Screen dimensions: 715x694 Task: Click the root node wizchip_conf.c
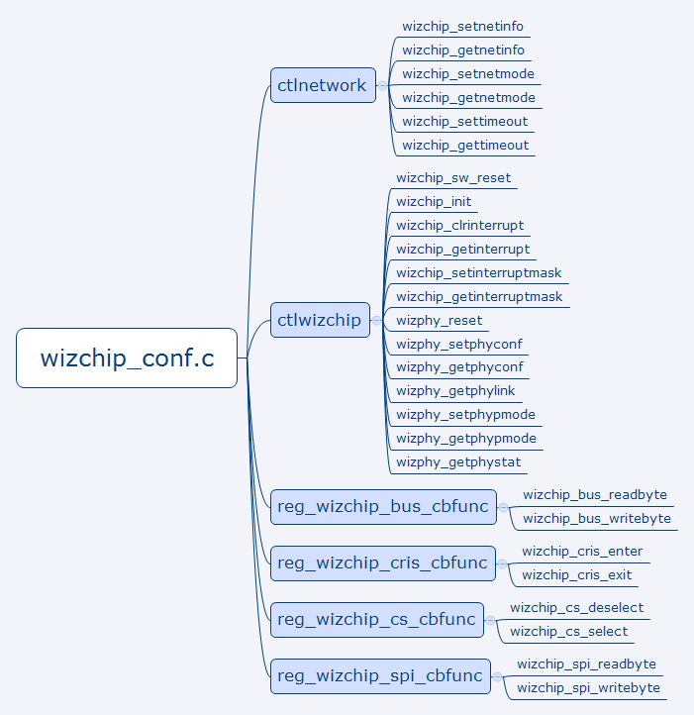(x=127, y=357)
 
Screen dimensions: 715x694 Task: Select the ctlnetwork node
(x=323, y=85)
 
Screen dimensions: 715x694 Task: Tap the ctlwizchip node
(x=321, y=320)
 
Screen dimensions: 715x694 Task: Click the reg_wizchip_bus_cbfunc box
(x=383, y=507)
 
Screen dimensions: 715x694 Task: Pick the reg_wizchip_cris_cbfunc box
(x=383, y=563)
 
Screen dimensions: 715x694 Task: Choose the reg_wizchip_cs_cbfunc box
(x=377, y=620)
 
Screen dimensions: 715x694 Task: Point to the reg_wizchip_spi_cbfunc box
(x=380, y=676)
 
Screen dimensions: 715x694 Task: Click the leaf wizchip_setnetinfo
(x=463, y=27)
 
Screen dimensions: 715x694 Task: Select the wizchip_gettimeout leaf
(x=465, y=146)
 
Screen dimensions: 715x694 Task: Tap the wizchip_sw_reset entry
(x=453, y=178)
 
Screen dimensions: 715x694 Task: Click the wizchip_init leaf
(x=434, y=202)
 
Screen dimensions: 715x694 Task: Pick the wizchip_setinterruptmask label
(x=479, y=273)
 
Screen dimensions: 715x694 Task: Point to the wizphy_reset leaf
(x=440, y=321)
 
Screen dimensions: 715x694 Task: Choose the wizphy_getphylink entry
(x=455, y=391)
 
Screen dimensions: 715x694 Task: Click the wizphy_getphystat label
(x=458, y=462)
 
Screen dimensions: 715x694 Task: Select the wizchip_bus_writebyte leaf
(x=597, y=519)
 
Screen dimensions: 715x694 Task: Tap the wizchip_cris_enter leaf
(x=582, y=552)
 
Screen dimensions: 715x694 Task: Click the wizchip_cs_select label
(x=569, y=632)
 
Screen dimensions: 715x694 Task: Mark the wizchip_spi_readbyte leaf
(x=586, y=664)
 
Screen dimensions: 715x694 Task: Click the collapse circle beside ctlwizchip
(x=377, y=320)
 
